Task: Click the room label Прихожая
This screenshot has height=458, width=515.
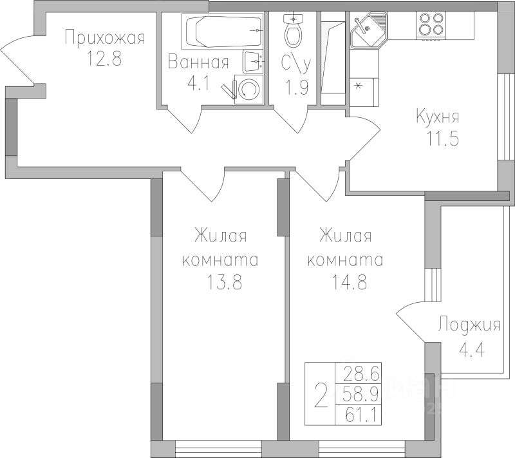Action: click(x=105, y=38)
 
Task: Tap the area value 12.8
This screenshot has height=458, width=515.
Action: click(x=104, y=59)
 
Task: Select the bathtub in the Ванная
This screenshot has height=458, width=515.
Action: click(x=223, y=31)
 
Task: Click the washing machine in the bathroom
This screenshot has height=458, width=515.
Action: click(x=249, y=90)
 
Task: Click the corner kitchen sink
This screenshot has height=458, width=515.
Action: click(x=368, y=30)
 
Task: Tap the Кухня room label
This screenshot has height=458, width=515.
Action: click(x=438, y=117)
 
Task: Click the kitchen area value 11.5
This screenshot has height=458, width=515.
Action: click(x=442, y=138)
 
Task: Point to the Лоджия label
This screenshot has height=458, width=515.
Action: click(x=469, y=325)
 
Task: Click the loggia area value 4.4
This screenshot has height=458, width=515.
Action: click(x=471, y=350)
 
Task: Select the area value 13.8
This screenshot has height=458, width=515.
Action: click(x=225, y=282)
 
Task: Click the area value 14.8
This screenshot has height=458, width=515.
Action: click(x=349, y=282)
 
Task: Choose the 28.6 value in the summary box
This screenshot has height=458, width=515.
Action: click(x=361, y=374)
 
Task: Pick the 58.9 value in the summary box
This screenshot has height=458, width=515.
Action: click(x=360, y=394)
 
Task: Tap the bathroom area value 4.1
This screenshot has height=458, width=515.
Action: click(x=198, y=84)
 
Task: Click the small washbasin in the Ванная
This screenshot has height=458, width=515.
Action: click(x=253, y=62)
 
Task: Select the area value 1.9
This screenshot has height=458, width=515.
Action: click(x=297, y=88)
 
